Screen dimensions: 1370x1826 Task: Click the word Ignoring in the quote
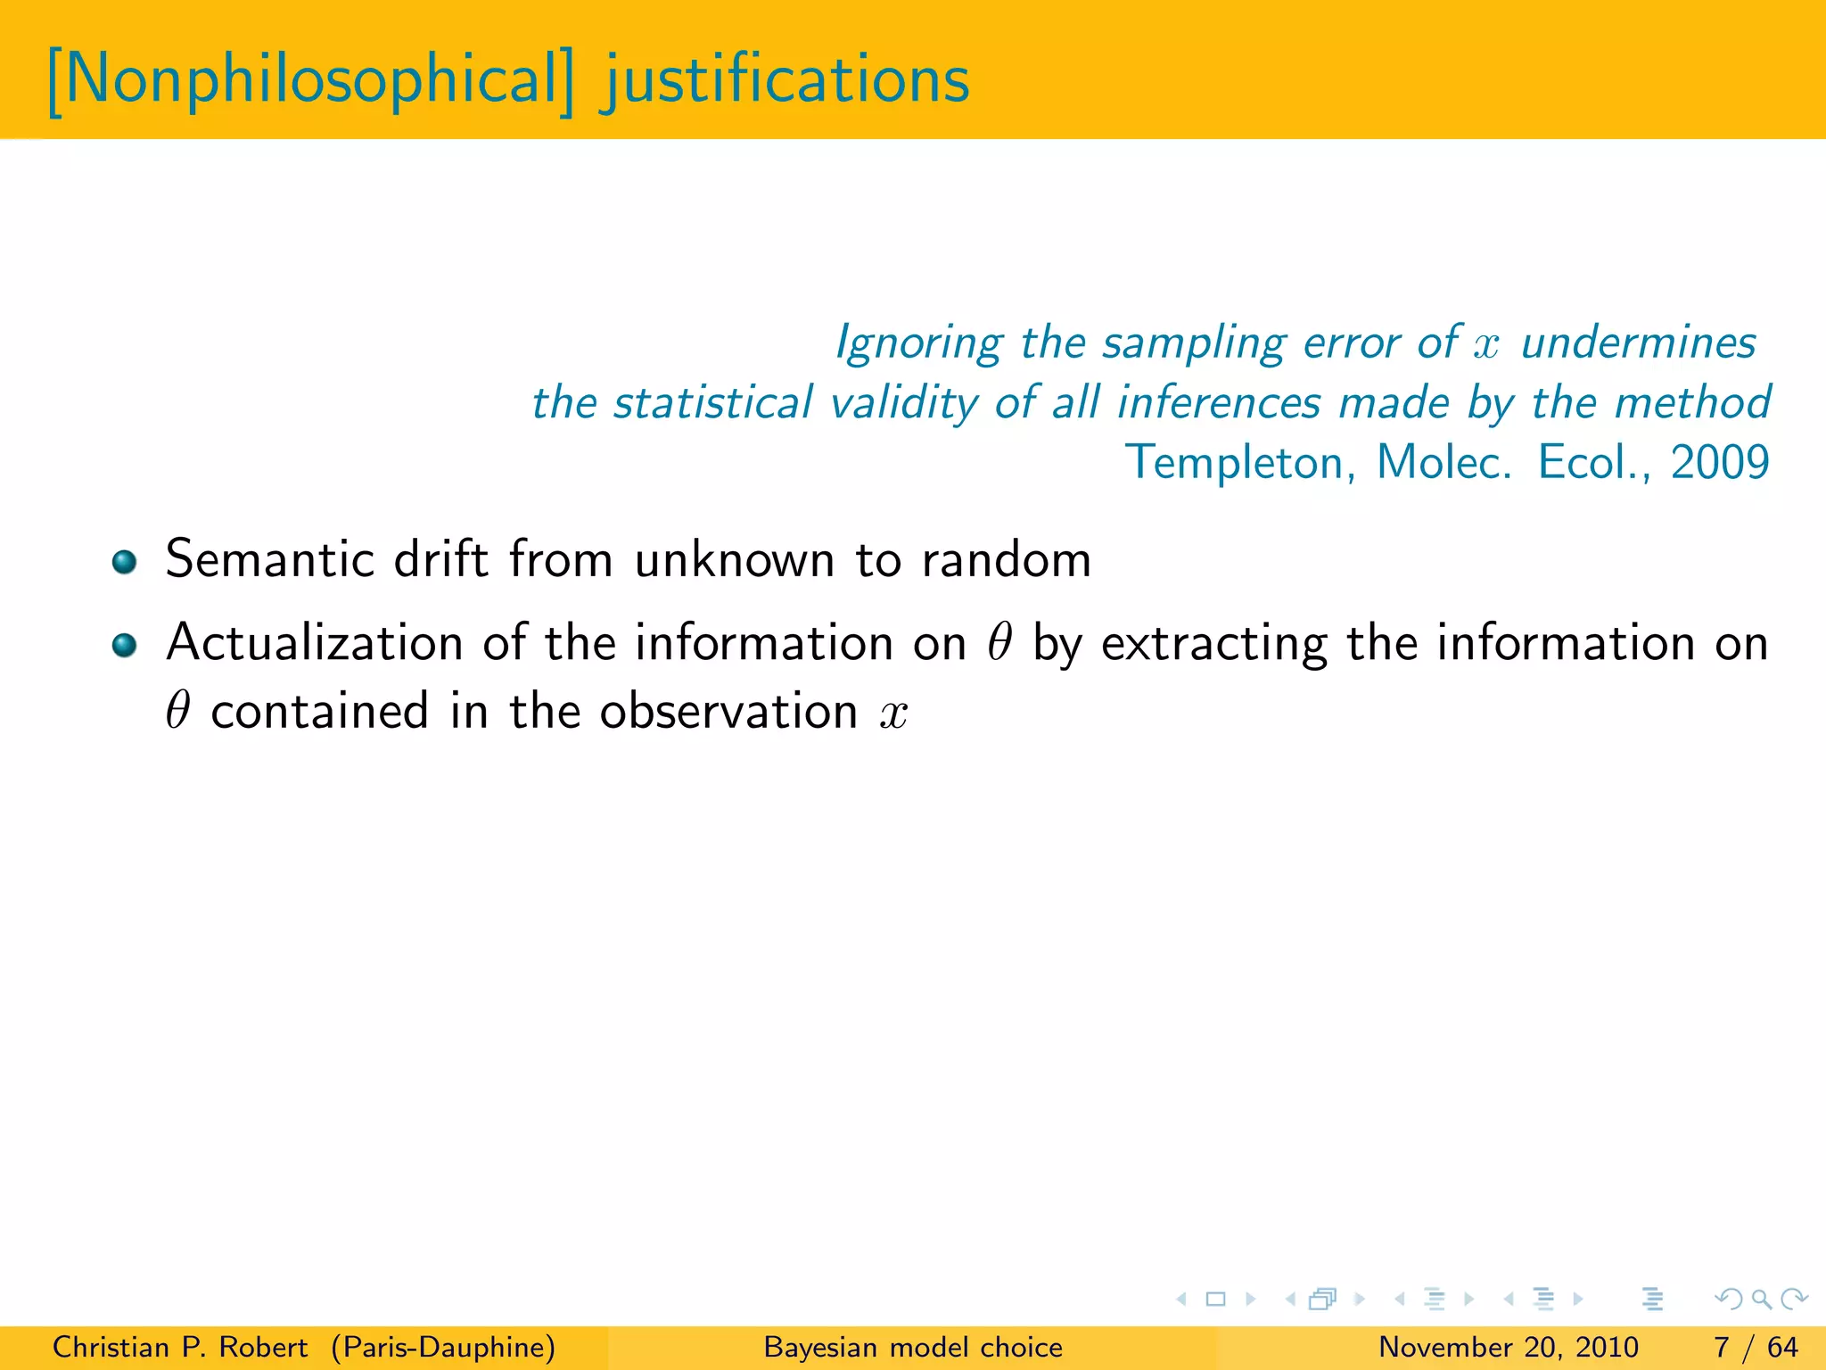[x=918, y=343]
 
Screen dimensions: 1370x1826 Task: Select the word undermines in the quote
[x=1638, y=343]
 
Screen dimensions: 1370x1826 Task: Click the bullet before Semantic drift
[x=125, y=562]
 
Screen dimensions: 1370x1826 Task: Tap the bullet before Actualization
[x=125, y=645]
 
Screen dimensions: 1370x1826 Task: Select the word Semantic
[x=269, y=560]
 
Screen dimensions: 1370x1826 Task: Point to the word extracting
[x=1213, y=645]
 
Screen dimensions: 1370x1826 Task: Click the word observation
[x=728, y=712]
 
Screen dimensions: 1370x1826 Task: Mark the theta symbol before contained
[x=178, y=711]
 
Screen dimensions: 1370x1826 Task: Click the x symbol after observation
[x=893, y=714]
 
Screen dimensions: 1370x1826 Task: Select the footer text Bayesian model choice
[x=913, y=1347]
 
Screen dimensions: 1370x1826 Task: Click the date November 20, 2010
[x=1509, y=1347]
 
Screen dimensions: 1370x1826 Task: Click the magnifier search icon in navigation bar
[x=1761, y=1300]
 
